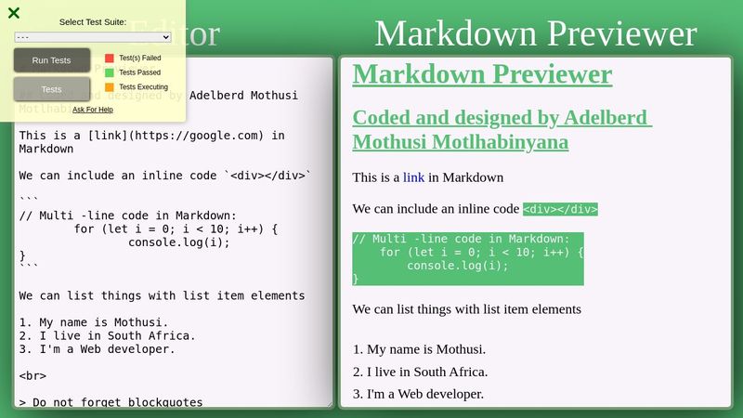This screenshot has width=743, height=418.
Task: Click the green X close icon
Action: point(14,13)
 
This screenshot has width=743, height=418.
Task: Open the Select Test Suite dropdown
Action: point(93,36)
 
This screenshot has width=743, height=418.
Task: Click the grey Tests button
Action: point(52,89)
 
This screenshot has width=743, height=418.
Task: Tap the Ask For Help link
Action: point(93,110)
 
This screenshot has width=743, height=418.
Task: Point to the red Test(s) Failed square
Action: point(110,58)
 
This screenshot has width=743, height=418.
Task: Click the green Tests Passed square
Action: point(110,72)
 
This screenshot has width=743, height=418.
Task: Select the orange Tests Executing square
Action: point(110,87)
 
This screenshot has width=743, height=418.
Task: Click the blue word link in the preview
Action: point(413,177)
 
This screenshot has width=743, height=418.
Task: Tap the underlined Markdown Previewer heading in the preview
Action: point(482,74)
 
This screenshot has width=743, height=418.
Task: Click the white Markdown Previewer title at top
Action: point(535,33)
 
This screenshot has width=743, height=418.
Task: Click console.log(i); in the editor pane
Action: point(178,242)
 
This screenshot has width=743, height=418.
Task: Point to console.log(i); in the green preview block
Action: point(458,266)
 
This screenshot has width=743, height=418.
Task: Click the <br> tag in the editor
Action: point(33,376)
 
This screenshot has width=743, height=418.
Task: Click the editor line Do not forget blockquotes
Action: point(117,402)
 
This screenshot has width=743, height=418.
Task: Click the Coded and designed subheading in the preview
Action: point(502,130)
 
